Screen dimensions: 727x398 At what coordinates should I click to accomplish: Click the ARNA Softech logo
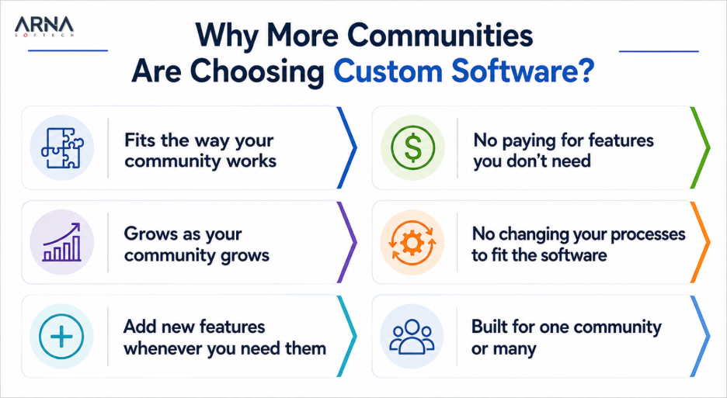pos(44,27)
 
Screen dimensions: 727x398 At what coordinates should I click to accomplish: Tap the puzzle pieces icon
pos(62,148)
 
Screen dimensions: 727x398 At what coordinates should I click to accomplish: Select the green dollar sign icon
pos(412,148)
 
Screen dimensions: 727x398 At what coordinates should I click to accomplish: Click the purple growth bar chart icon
pos(61,242)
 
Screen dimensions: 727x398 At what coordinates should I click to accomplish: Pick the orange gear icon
pos(412,243)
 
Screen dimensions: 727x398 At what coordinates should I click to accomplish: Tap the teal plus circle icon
pos(61,337)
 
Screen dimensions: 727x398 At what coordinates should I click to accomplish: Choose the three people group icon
pos(412,336)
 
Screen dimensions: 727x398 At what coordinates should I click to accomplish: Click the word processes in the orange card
pos(648,234)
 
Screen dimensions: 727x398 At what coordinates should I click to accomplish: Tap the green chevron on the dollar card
pos(700,148)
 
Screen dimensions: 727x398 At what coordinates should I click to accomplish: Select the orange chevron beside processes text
pos(700,242)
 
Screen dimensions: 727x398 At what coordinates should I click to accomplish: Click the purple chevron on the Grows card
pos(347,242)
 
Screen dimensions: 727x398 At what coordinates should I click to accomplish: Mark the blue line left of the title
pos(68,50)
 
